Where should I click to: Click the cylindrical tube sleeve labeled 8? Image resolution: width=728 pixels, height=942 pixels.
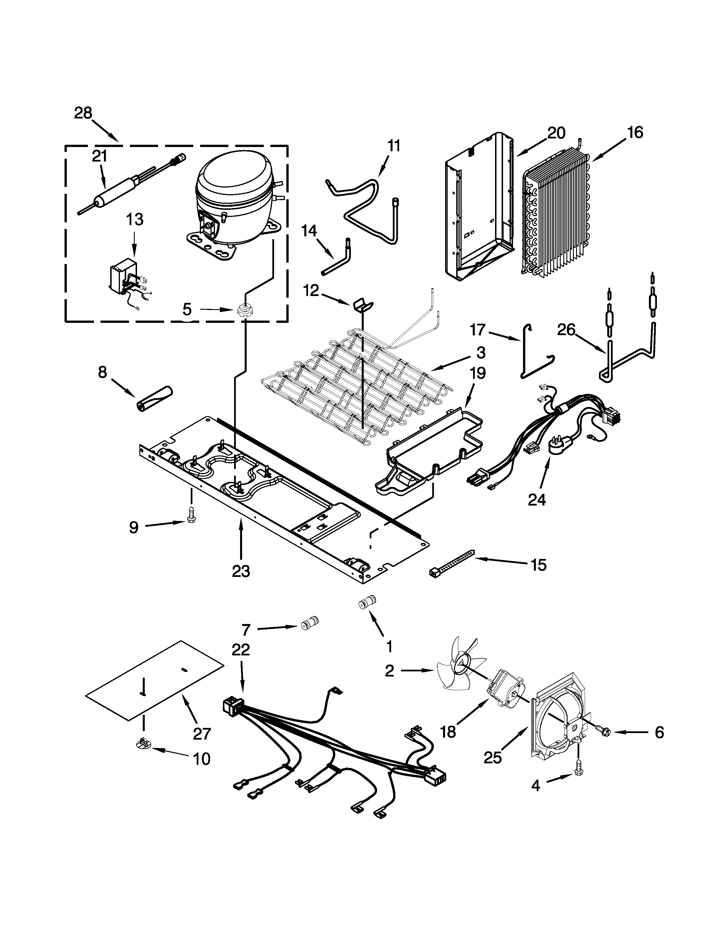point(154,396)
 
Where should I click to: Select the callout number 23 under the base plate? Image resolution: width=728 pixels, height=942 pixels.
point(241,571)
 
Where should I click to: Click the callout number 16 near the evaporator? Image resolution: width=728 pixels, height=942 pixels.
point(635,132)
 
